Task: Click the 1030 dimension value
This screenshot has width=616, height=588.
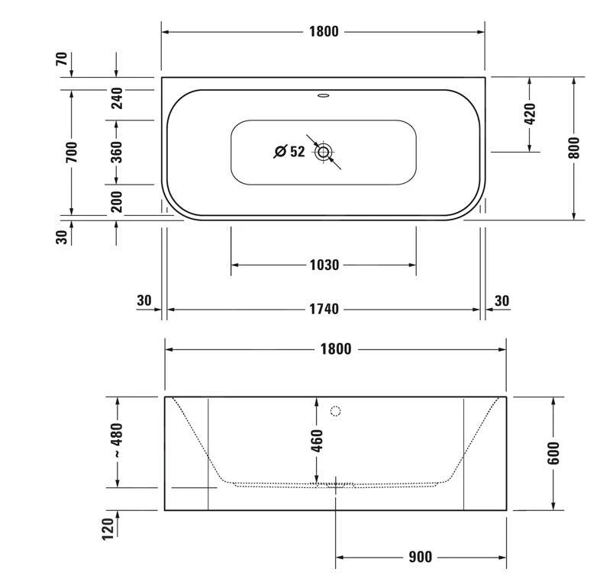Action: coord(324,265)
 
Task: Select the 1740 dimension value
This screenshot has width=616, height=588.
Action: coord(324,310)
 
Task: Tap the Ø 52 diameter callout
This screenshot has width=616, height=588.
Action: coord(289,152)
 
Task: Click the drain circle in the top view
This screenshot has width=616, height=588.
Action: coord(324,152)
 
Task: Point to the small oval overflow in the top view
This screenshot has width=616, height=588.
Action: coord(324,97)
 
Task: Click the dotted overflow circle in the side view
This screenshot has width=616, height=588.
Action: coord(334,412)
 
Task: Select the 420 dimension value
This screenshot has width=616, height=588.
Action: coord(530,114)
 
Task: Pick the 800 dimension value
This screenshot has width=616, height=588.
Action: coord(574,148)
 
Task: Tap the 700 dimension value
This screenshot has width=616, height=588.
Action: coord(72,152)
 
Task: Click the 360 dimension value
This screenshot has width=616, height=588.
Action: coord(117,152)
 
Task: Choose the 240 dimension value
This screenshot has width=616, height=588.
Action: coord(117,98)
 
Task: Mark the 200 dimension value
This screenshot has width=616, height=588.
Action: coord(117,202)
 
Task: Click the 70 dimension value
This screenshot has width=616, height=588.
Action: coord(61,59)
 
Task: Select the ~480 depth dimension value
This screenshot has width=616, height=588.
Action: coord(117,440)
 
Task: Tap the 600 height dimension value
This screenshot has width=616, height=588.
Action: coord(553,453)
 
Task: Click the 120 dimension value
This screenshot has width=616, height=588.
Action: coord(107,527)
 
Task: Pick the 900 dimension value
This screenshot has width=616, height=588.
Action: coord(420,557)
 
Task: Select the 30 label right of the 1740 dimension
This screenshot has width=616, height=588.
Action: coord(502,301)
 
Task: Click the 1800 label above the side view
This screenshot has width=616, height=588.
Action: coord(335,349)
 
